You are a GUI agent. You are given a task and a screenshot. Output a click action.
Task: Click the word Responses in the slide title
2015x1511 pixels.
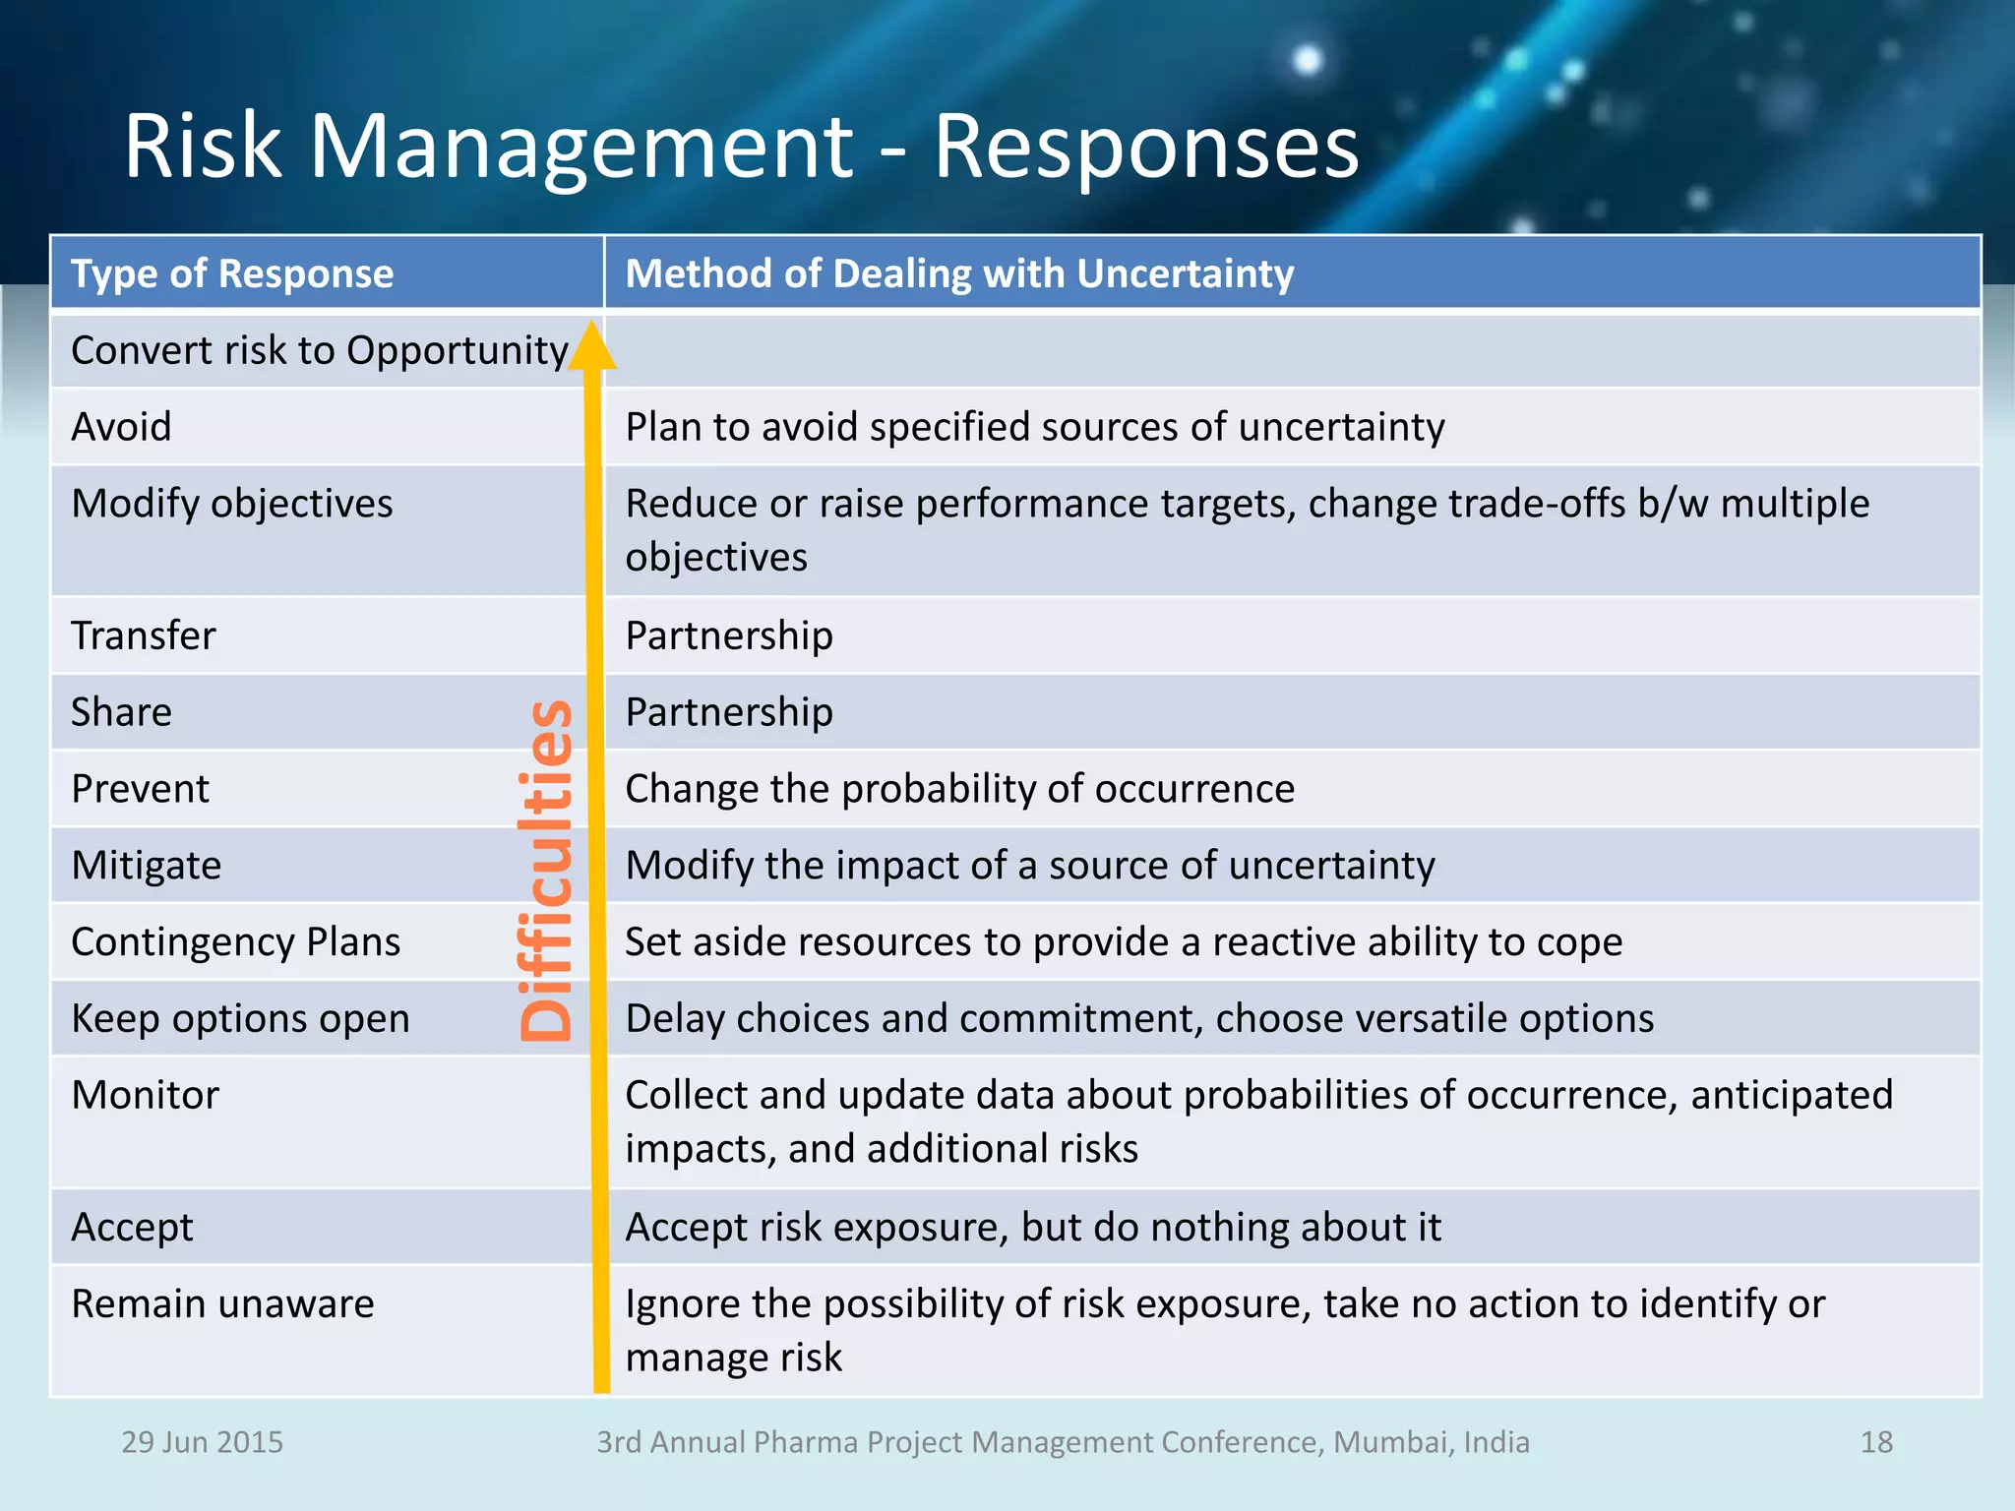(x=1145, y=148)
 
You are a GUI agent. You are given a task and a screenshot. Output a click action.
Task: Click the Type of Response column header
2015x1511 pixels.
(x=232, y=273)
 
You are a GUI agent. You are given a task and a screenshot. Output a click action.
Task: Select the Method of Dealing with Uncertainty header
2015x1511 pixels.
(x=959, y=273)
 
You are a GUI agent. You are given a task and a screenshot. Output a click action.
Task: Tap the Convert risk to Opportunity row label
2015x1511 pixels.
(x=319, y=351)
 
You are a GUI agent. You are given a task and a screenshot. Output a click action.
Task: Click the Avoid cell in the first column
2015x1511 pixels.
(x=122, y=427)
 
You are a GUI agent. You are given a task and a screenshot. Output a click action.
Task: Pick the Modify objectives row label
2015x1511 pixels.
(x=232, y=504)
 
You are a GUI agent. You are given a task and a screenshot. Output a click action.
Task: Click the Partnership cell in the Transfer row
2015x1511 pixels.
(x=729, y=635)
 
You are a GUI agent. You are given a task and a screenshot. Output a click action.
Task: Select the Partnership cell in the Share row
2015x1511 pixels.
(x=729, y=712)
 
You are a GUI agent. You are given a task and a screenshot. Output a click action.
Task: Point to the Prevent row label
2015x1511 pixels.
(x=141, y=789)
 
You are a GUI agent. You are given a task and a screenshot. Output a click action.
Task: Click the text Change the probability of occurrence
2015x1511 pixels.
(x=959, y=789)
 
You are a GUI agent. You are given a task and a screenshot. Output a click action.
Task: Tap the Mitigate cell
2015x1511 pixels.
(x=147, y=866)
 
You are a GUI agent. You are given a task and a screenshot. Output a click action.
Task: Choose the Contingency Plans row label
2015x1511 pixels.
(x=236, y=942)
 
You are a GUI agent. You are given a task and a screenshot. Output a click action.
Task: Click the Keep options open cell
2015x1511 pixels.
(x=240, y=1019)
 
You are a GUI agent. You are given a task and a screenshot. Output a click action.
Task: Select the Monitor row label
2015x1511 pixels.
(x=146, y=1096)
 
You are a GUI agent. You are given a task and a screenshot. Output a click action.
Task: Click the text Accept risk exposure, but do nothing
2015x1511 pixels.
(x=1033, y=1228)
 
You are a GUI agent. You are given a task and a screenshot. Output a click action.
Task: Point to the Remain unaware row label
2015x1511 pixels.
(x=223, y=1304)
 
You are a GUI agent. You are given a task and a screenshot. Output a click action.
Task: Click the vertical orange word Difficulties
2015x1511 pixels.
(x=546, y=870)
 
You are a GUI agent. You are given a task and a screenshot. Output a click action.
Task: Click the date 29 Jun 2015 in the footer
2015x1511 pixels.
(x=202, y=1442)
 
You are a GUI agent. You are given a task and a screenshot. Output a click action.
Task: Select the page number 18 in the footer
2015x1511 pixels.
(x=1876, y=1442)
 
